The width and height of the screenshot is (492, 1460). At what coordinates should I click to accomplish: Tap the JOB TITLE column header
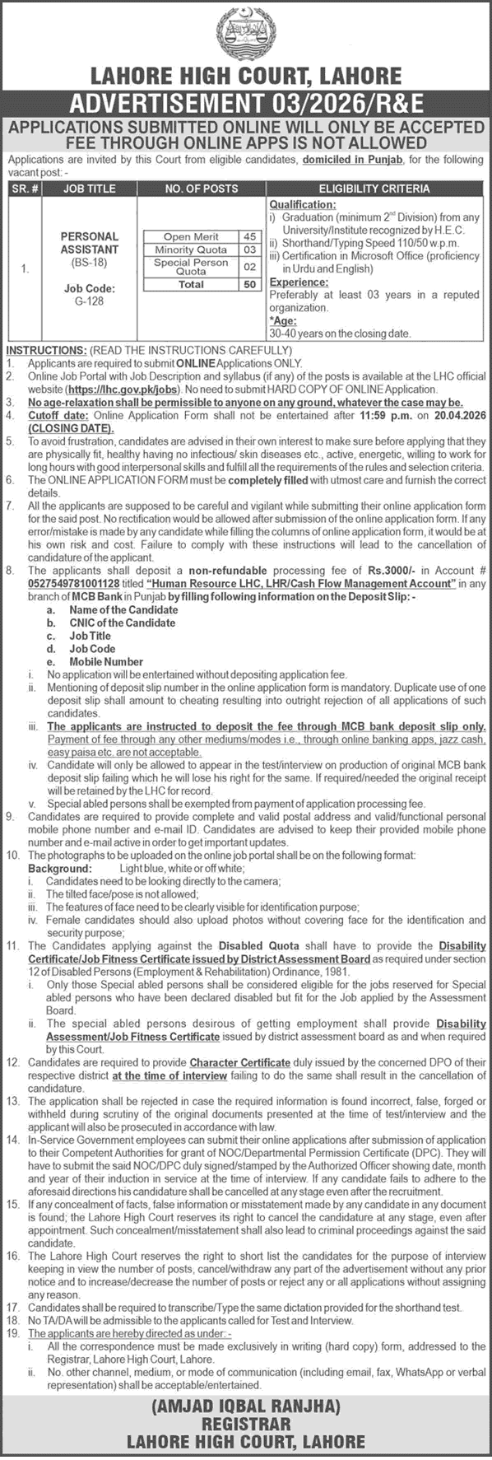pos(89,189)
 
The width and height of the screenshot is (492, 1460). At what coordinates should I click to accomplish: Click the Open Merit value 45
pos(250,237)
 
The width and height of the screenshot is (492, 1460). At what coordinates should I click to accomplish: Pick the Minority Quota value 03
pos(250,250)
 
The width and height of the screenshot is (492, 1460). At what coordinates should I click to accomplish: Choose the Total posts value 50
pos(250,284)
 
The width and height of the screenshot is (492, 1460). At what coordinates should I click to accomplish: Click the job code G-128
pos(89,301)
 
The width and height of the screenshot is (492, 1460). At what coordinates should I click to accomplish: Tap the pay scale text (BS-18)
pos(89,262)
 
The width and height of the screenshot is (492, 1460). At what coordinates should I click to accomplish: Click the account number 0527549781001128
pos(70,583)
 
